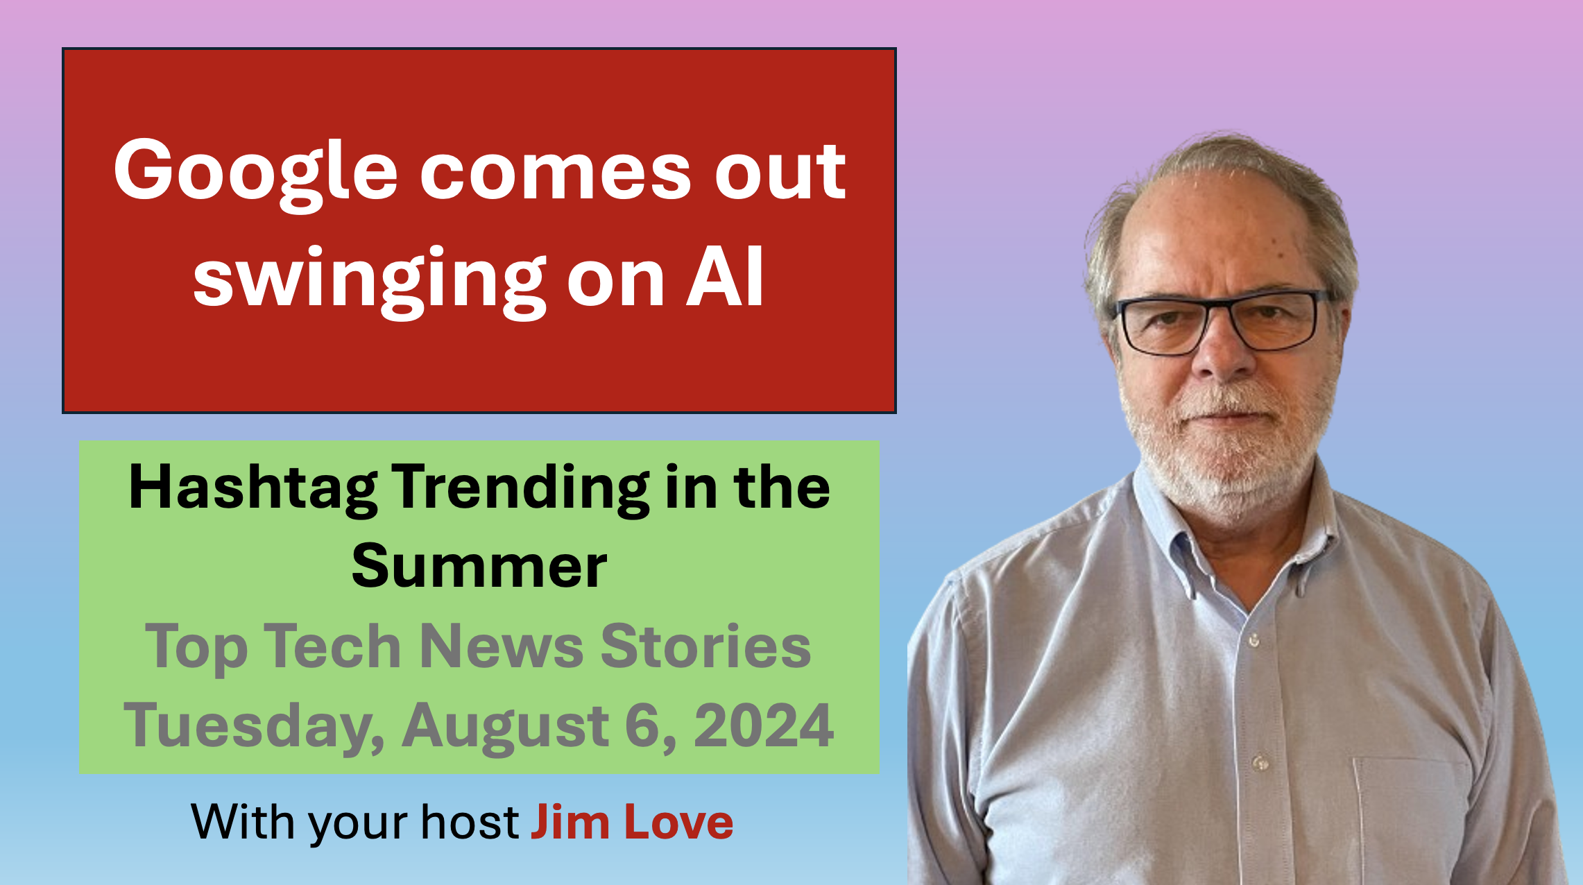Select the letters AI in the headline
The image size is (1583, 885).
pos(725,277)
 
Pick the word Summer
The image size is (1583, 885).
pos(479,567)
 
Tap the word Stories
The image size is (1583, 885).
pos(705,646)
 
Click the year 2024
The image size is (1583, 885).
pos(764,725)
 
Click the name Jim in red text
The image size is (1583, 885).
pos(570,822)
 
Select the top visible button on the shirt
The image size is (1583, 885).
pos(1253,639)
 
